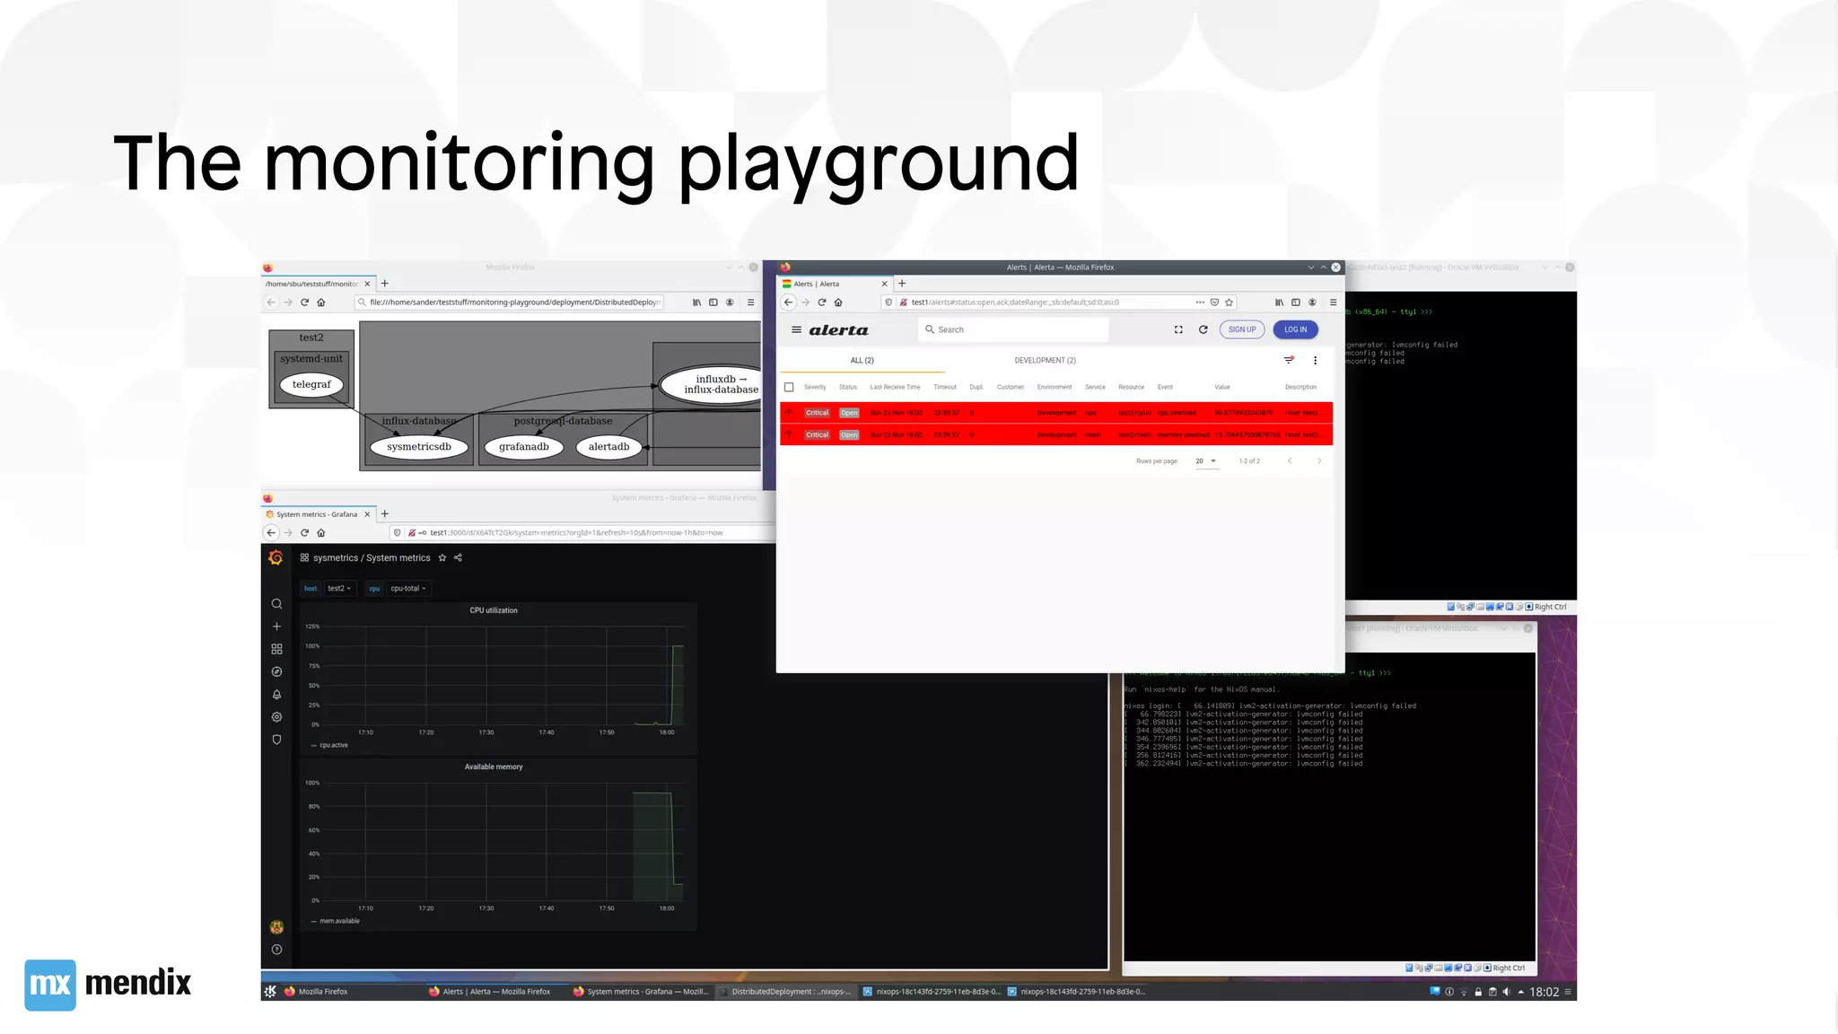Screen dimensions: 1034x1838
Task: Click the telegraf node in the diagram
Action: [311, 385]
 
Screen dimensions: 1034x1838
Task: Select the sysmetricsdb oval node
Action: [419, 447]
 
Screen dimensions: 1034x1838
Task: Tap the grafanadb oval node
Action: [524, 447]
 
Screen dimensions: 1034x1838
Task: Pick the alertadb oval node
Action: [608, 447]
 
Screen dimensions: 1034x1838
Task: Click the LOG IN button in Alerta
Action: [1295, 329]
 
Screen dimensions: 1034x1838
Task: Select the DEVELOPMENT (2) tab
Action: [1045, 361]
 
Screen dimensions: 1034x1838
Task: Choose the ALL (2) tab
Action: [862, 361]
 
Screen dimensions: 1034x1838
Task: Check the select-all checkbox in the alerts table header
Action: [789, 388]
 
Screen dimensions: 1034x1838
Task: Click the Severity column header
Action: [815, 388]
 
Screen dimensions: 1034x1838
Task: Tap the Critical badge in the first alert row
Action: [817, 413]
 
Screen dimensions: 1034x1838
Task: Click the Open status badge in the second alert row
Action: [849, 435]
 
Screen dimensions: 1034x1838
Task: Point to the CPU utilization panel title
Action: [494, 610]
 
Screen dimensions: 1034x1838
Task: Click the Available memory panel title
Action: [494, 767]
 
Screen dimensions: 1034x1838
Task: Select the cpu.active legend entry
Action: [333, 745]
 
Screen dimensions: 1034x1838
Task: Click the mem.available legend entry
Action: [338, 921]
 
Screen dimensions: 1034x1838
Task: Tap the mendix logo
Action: [108, 984]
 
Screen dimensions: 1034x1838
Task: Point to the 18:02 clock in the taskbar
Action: [1544, 992]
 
